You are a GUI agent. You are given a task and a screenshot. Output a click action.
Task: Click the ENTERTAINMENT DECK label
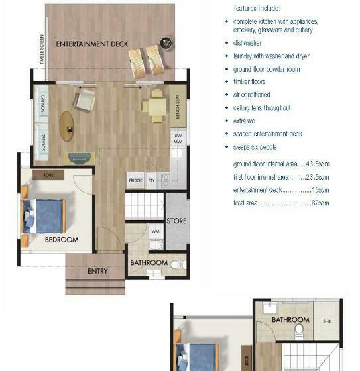(92, 44)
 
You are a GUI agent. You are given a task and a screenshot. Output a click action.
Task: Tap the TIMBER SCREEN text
(42, 50)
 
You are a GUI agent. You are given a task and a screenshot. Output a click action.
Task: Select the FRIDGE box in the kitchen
(135, 180)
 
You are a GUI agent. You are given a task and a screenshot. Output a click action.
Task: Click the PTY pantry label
(151, 180)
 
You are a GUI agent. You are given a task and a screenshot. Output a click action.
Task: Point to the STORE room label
(176, 221)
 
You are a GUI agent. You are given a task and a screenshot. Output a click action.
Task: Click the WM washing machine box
(156, 231)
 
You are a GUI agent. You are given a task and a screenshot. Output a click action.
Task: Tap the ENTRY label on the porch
(97, 271)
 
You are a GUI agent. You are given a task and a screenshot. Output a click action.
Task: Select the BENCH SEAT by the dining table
(178, 106)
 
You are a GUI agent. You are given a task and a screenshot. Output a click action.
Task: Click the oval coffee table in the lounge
(67, 127)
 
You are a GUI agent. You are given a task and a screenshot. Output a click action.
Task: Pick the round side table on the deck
(166, 43)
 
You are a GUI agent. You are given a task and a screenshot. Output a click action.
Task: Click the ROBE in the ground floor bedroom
(48, 175)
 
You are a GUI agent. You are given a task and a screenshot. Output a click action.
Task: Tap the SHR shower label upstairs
(327, 321)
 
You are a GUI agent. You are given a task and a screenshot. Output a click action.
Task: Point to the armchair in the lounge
(85, 99)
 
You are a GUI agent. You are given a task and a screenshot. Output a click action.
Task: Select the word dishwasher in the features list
(247, 43)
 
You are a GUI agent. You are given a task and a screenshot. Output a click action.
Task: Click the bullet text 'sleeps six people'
(255, 147)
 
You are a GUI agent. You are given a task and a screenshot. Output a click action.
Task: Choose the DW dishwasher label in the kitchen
(178, 136)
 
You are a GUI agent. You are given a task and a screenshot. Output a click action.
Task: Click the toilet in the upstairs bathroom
(299, 331)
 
